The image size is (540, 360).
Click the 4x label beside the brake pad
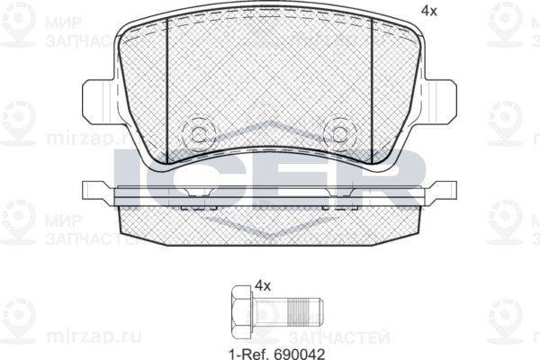point(428,12)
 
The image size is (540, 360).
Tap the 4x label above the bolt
point(263,285)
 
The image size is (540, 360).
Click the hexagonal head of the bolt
point(241,311)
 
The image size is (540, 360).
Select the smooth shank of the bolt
point(272,311)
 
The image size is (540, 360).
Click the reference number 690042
point(300,353)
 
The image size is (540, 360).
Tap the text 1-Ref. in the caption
point(249,353)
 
